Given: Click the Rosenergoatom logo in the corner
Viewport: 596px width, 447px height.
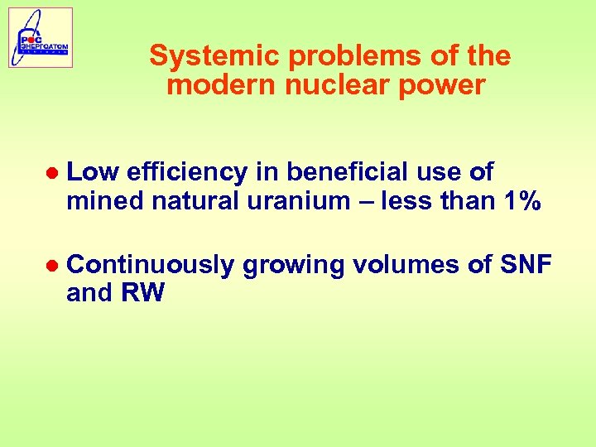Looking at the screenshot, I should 41,37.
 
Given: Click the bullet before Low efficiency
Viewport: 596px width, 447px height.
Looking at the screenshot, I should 52,173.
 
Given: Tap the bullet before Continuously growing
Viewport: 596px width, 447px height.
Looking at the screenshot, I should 52,266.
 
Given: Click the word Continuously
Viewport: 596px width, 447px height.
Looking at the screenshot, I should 150,265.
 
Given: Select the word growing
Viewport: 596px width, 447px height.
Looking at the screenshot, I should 293,265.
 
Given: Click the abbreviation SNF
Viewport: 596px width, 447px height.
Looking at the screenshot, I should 526,265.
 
